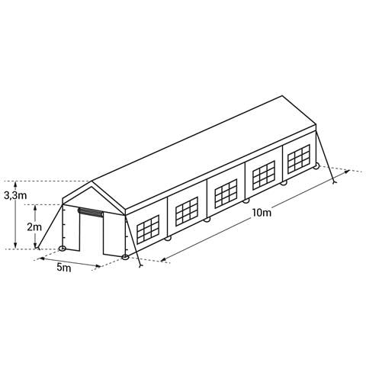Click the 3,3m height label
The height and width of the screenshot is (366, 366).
click(x=15, y=195)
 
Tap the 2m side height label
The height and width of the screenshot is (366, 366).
click(x=34, y=227)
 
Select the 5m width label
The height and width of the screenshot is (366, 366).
click(x=63, y=268)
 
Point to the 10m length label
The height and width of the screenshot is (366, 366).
click(x=262, y=213)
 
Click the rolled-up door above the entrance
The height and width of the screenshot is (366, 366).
click(x=91, y=212)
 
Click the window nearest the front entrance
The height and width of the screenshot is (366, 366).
click(x=148, y=229)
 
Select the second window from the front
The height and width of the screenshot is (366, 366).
click(x=187, y=211)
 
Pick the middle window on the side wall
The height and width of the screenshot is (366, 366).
click(x=226, y=194)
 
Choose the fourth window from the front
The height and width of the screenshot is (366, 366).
click(x=264, y=175)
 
